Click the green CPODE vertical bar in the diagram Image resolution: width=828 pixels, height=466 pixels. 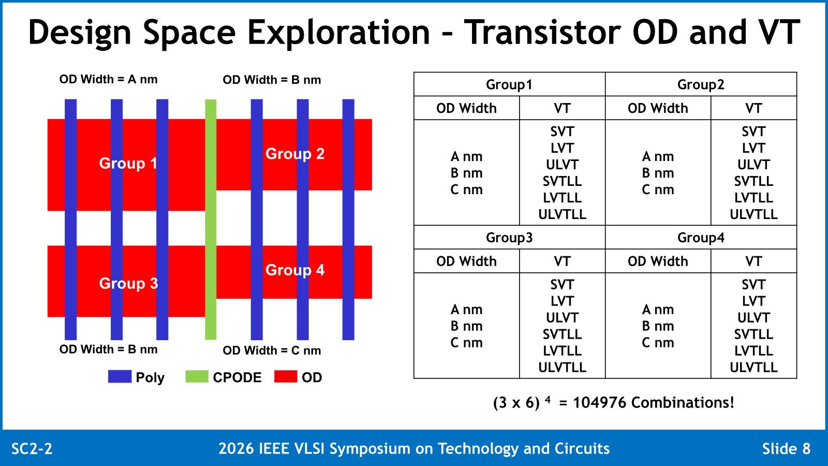(x=211, y=220)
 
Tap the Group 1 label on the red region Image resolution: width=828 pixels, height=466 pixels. (x=128, y=163)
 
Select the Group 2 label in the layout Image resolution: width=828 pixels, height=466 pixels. (x=295, y=153)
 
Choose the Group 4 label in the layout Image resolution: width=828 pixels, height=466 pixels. (x=295, y=270)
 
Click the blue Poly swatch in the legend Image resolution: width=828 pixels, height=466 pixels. (x=120, y=376)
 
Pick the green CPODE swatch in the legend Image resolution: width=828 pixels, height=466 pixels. (x=197, y=376)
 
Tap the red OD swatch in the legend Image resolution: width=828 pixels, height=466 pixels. (x=285, y=376)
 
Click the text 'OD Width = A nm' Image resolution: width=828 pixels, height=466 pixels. (x=108, y=79)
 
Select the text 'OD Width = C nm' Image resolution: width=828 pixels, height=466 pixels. (x=272, y=350)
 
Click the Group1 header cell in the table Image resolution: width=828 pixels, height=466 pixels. (x=509, y=84)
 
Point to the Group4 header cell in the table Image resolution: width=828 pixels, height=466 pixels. (x=701, y=238)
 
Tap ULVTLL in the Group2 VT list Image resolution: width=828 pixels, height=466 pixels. (x=753, y=214)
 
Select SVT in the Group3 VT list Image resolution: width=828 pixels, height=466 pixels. (x=562, y=285)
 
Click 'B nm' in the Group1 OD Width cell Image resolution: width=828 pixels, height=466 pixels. (x=466, y=173)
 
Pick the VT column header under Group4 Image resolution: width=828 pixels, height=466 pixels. (x=753, y=261)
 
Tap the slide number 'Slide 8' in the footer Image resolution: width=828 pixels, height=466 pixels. (x=786, y=448)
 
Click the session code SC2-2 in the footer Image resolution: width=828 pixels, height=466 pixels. (x=32, y=448)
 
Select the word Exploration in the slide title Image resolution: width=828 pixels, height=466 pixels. (x=338, y=33)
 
